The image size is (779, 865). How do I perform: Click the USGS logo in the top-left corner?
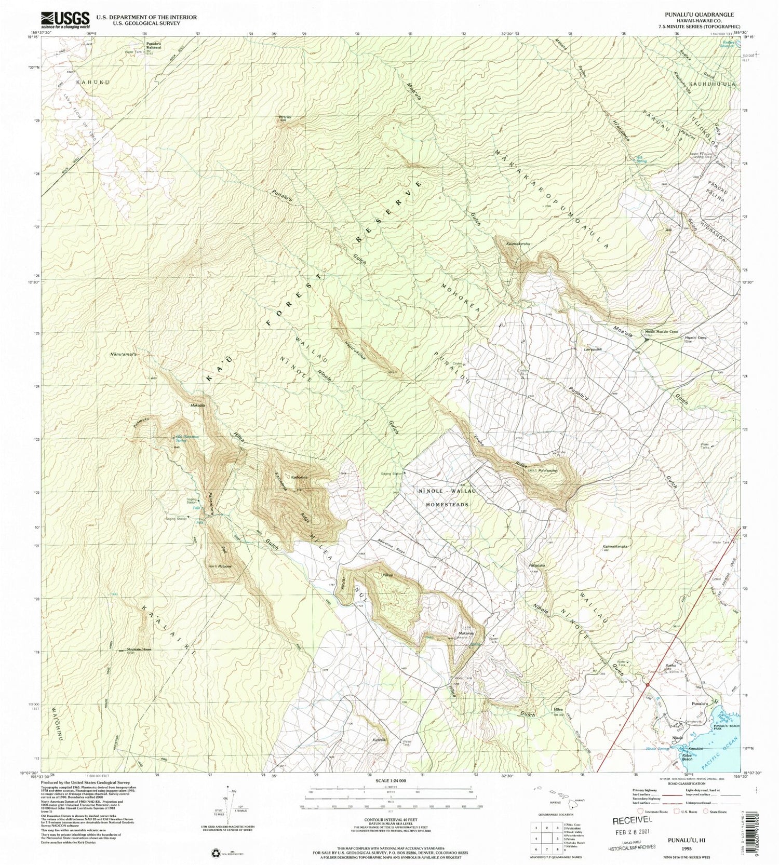[64, 20]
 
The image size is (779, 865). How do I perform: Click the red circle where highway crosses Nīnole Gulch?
[648, 685]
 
